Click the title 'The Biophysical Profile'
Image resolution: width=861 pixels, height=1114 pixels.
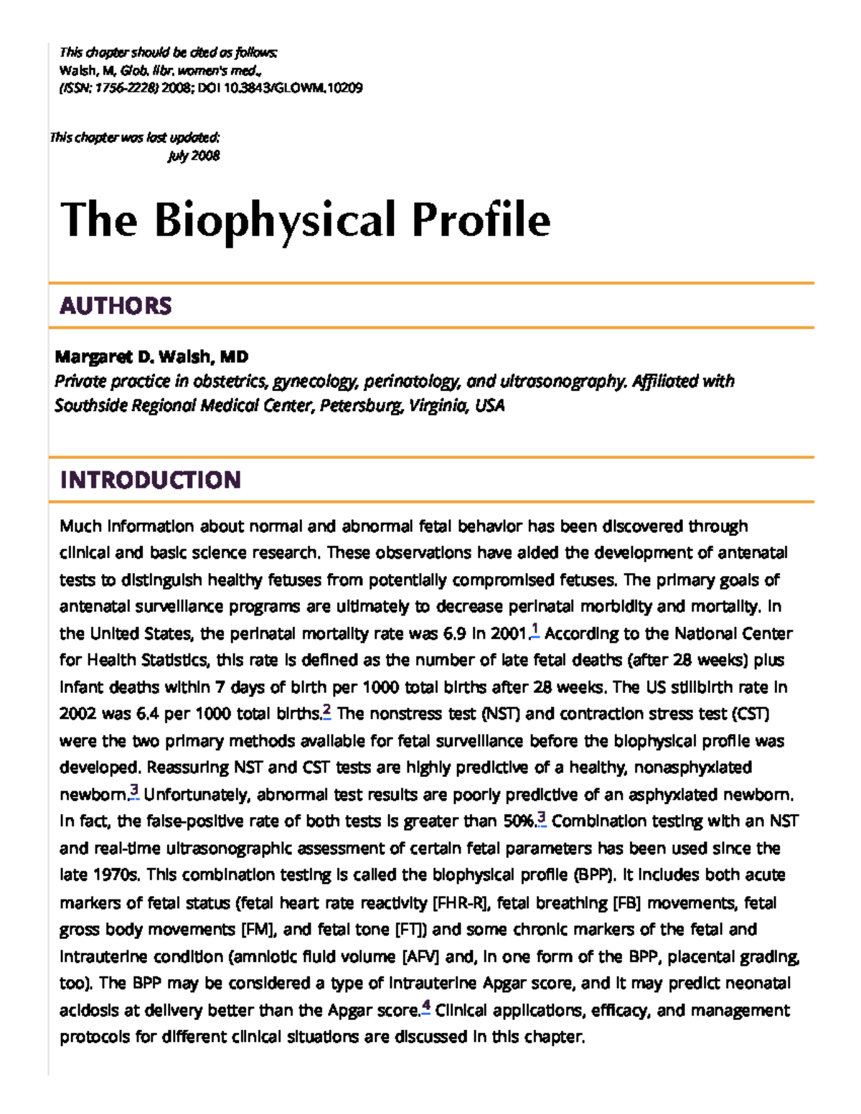(x=305, y=220)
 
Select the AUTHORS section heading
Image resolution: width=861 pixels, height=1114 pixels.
(x=116, y=306)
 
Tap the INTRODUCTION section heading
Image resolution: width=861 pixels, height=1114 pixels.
(x=150, y=479)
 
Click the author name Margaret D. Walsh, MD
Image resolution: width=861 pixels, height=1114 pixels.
(x=151, y=357)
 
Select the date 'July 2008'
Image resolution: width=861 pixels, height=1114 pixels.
(x=194, y=156)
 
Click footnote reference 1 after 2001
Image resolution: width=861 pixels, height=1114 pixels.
(x=535, y=631)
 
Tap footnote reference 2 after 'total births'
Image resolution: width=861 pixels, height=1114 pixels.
(x=326, y=712)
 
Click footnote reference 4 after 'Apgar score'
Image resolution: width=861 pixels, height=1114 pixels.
(x=426, y=1008)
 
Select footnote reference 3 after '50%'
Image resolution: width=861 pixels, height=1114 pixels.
(x=542, y=818)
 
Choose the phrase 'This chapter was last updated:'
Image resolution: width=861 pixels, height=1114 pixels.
(x=134, y=137)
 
